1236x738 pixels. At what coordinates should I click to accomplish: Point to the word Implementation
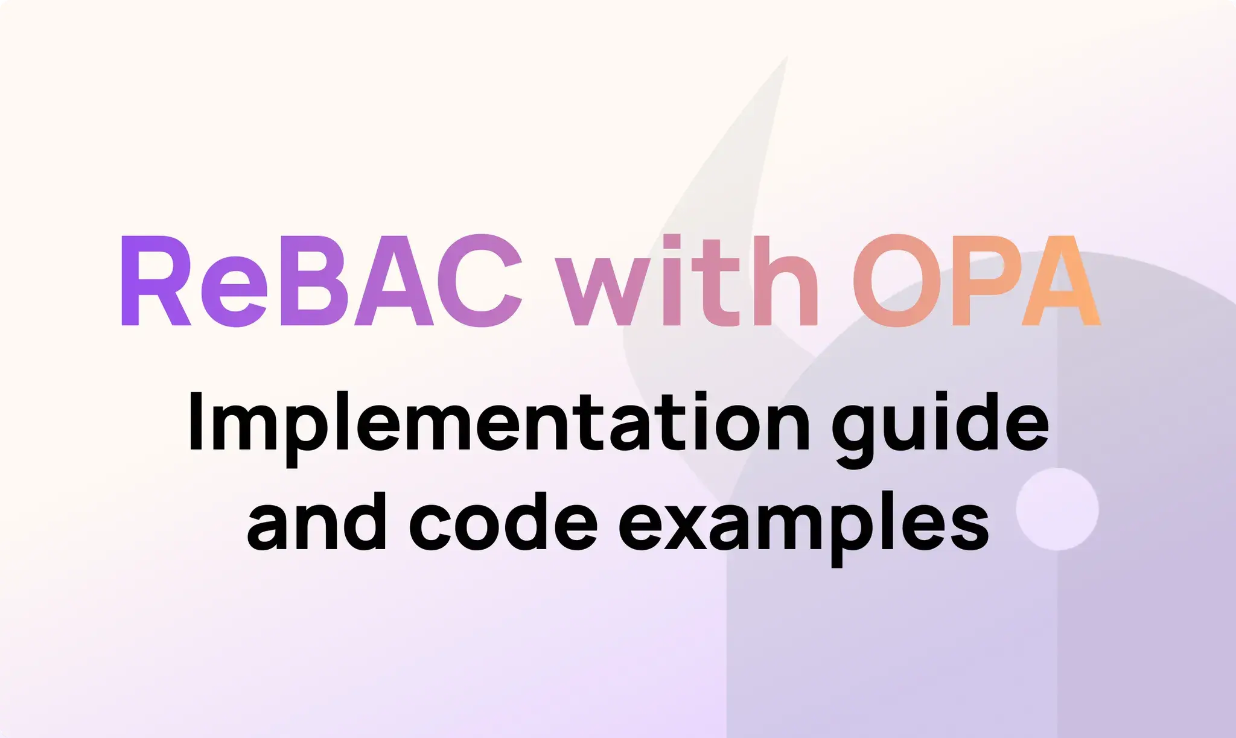tap(499, 422)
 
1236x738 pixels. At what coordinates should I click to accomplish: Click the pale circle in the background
tap(1057, 509)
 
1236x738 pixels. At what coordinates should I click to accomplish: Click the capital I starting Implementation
tap(195, 422)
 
